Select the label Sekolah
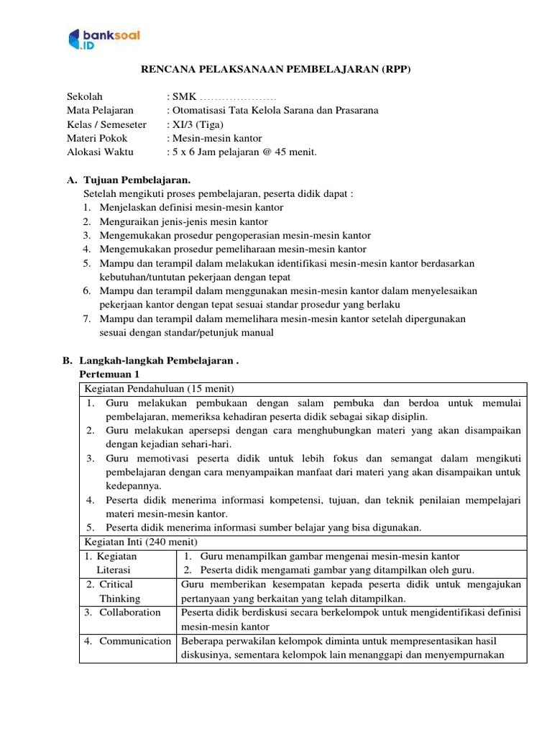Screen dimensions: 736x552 85,96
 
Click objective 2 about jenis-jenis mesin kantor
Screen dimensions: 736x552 183,221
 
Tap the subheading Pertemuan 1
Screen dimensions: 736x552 109,374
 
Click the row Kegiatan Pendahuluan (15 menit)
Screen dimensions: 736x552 155,389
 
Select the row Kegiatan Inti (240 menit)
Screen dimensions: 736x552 141,541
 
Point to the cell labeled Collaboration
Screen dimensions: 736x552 129,612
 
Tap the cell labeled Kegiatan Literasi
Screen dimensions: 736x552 114,563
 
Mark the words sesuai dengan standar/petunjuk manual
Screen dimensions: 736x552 186,332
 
